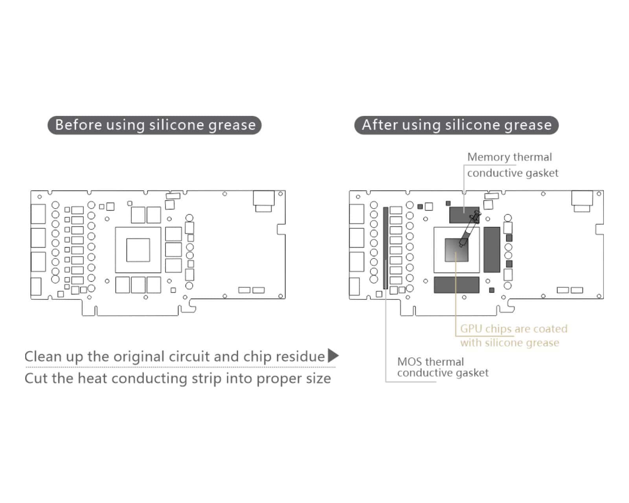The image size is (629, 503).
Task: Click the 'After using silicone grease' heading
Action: coord(456,125)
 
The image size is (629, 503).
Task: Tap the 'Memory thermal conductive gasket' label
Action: coord(512,165)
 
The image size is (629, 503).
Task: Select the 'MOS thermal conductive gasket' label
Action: coord(443,367)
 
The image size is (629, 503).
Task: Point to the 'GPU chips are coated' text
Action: coord(513,329)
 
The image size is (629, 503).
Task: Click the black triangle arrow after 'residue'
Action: coord(333,355)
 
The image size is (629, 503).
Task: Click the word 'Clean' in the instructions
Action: coord(43,356)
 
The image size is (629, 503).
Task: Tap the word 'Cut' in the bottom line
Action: coord(37,378)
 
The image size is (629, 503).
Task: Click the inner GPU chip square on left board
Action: coord(138,250)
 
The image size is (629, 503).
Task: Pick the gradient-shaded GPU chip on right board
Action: coord(456,250)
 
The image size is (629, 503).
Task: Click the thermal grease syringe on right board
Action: coord(470,230)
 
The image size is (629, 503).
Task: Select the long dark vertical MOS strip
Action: coord(386,248)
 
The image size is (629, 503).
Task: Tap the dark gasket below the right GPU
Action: coord(456,285)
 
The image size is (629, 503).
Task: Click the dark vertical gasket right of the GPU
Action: coord(492,250)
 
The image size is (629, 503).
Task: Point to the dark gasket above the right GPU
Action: coord(464,215)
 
